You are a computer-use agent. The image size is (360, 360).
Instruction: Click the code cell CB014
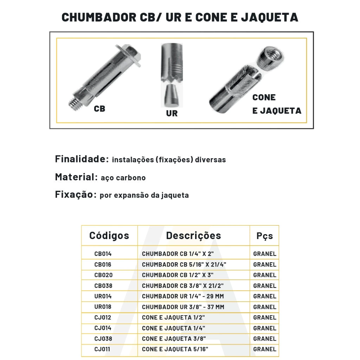(103, 254)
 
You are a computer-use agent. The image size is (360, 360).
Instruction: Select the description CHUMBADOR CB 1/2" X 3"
(178, 275)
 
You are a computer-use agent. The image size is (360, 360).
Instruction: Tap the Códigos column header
(109, 236)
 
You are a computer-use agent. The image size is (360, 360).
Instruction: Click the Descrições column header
(193, 236)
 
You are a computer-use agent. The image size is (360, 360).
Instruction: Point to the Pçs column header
(264, 236)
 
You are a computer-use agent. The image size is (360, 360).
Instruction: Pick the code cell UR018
(103, 307)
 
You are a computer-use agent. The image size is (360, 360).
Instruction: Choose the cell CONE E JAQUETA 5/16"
(175, 349)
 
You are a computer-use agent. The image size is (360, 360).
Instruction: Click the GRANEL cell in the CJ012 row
(264, 317)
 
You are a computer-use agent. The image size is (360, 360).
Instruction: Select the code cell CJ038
(103, 339)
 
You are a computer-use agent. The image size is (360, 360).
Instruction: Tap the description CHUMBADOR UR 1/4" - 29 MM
(183, 296)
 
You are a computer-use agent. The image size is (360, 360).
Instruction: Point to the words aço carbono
(123, 178)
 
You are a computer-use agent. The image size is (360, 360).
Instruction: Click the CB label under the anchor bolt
(99, 109)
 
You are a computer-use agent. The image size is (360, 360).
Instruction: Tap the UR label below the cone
(172, 114)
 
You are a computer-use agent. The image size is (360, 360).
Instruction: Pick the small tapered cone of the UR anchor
(171, 95)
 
